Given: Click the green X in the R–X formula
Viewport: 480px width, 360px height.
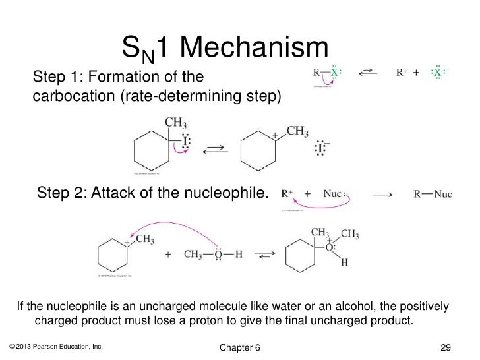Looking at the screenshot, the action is pos(335,73).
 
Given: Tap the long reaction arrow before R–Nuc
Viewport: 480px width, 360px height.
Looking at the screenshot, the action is pos(383,195).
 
